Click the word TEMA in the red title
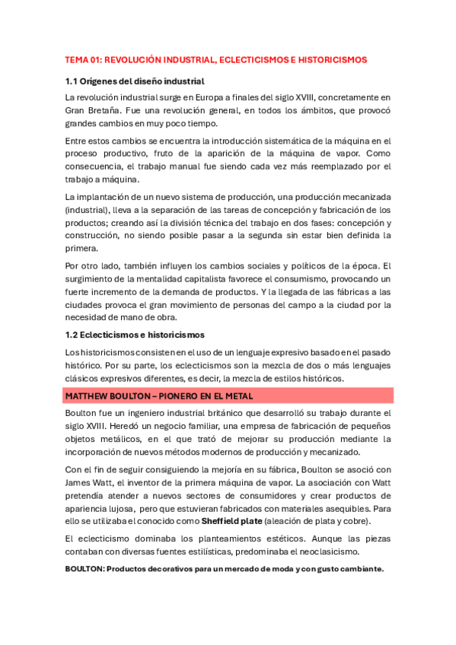(x=77, y=59)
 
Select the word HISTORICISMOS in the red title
(x=331, y=59)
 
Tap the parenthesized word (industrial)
(x=90, y=210)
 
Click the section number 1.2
(x=73, y=335)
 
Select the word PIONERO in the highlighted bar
(x=171, y=396)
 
